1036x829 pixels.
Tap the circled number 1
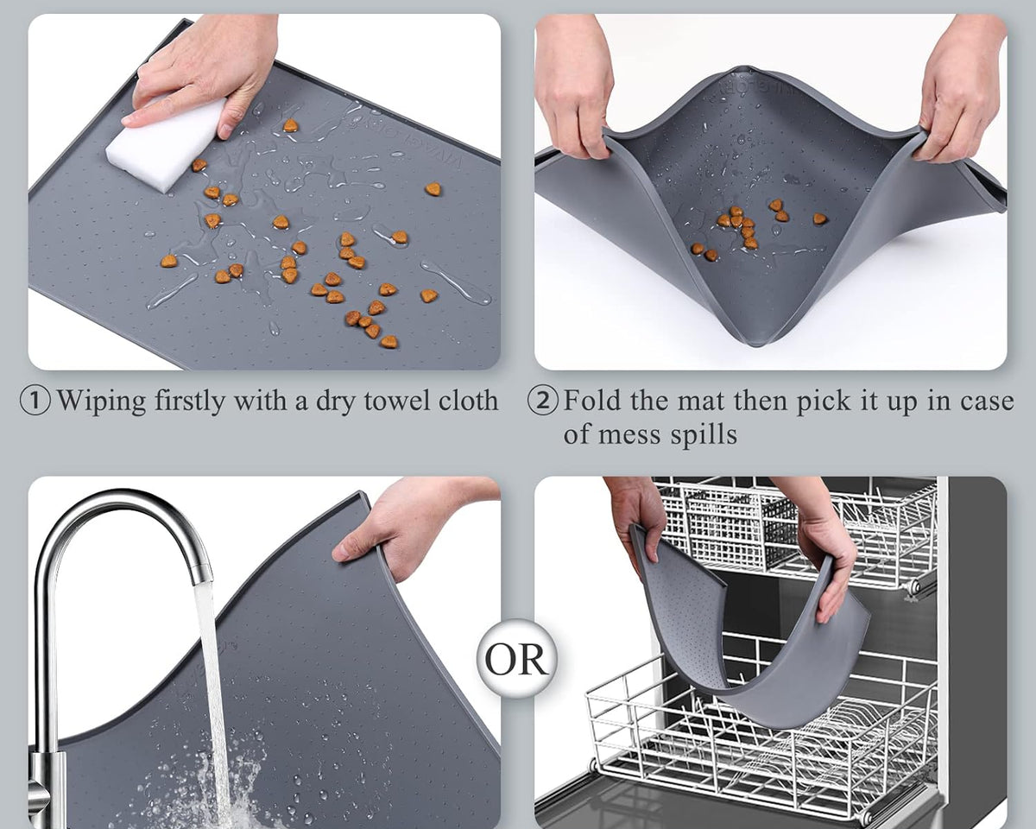(35, 402)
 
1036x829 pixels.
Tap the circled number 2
(543, 402)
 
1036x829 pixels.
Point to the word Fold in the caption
(593, 402)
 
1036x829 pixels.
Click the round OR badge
(516, 660)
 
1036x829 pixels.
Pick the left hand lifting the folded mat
(574, 86)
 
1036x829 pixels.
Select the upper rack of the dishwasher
(794, 527)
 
